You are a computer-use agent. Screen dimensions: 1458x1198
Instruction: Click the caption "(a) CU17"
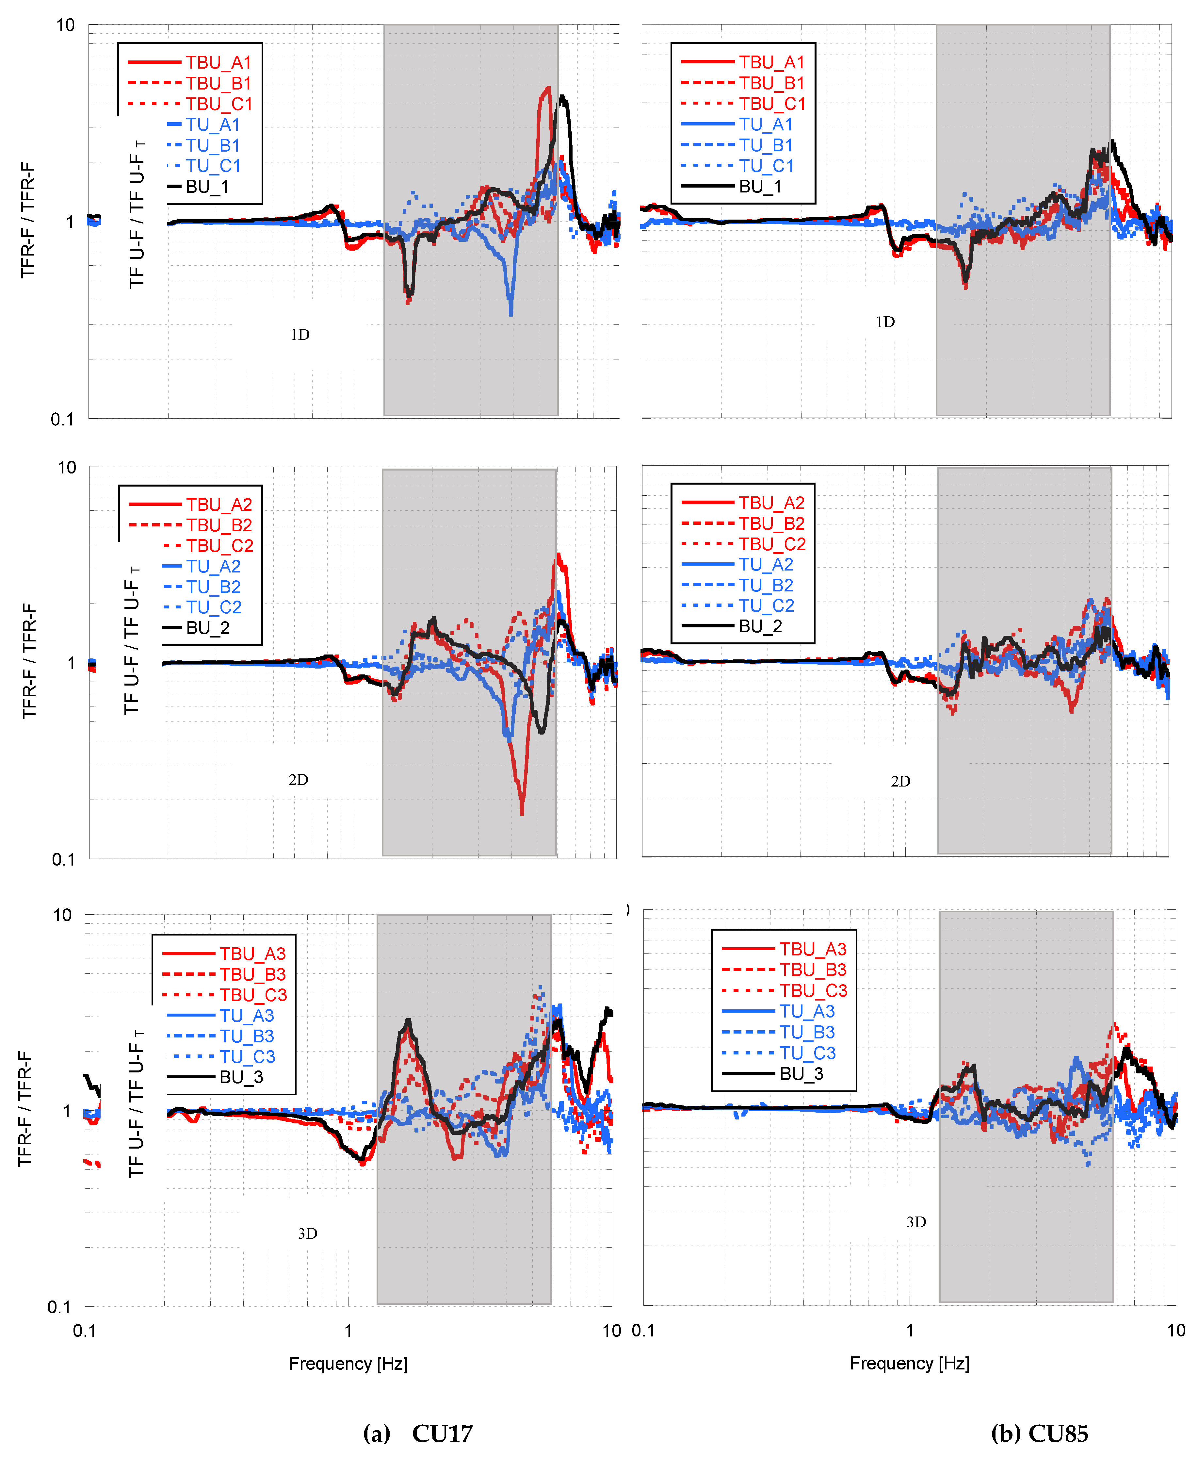418,1433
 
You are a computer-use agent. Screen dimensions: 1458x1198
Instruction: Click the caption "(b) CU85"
1039,1433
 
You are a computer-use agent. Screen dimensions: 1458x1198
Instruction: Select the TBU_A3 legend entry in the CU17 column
252,953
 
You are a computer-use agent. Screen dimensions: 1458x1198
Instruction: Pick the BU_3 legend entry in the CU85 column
801,1073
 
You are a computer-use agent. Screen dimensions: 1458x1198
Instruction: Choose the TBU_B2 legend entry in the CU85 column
771,523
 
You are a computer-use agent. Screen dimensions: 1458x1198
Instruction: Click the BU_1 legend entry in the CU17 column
207,186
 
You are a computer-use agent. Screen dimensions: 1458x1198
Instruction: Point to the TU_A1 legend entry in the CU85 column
766,124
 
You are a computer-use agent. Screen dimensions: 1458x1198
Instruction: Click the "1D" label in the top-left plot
300,335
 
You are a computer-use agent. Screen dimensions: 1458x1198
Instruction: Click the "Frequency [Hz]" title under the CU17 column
348,1364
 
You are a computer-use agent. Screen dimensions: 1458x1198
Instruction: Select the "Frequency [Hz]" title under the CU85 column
910,1364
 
